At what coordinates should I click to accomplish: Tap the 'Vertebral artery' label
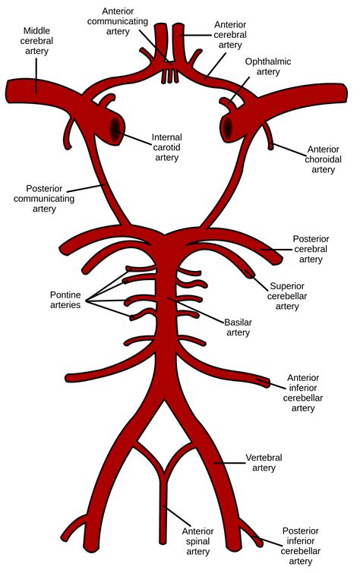(265, 464)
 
